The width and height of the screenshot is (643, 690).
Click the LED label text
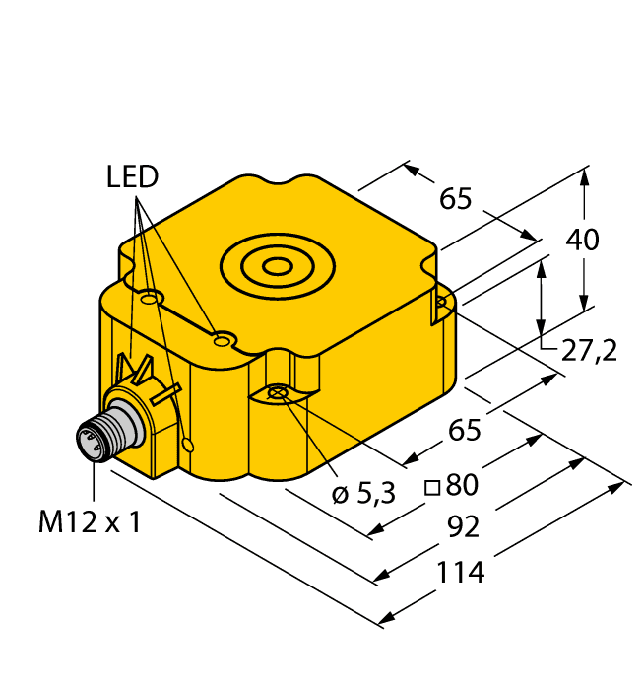(132, 177)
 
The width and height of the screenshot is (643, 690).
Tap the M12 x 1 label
(90, 522)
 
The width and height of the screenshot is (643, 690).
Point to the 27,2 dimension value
(588, 350)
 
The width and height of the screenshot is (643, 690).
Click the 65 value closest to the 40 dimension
(456, 199)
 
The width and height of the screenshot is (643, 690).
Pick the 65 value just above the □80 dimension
(464, 430)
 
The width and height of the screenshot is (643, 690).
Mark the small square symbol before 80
(430, 486)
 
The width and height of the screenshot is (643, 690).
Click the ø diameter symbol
(339, 495)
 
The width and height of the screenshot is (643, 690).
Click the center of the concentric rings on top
(279, 264)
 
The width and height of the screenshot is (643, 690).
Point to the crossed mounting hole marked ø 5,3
(278, 395)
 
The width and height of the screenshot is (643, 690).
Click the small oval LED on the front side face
(190, 445)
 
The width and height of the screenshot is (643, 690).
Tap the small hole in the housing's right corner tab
(441, 302)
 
